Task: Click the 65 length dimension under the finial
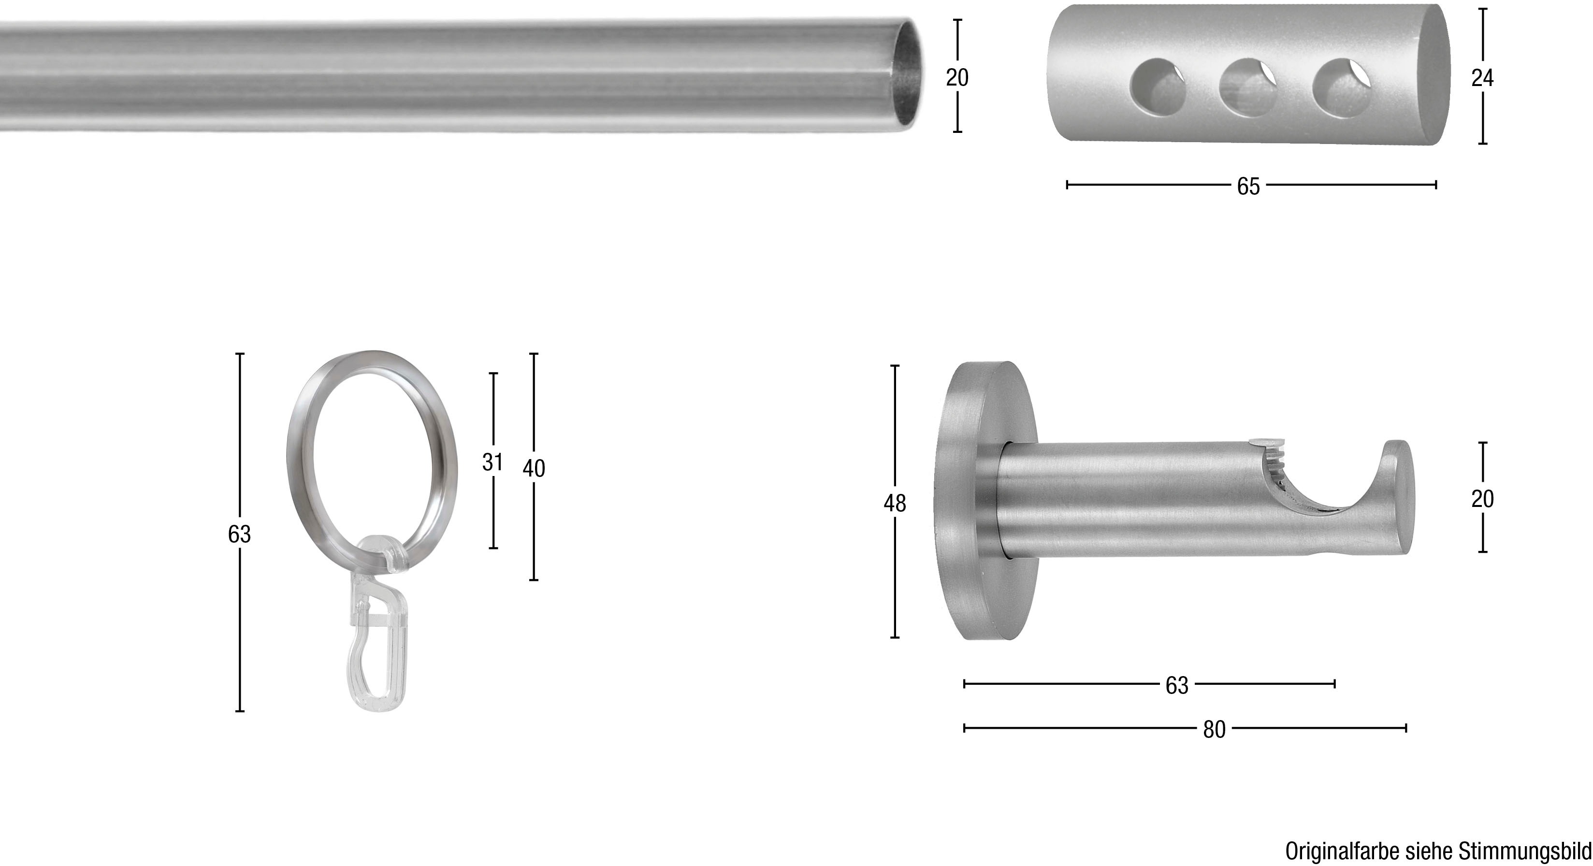1248,186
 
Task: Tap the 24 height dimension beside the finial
1482,78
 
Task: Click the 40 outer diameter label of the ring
534,469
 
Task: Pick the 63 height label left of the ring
239,534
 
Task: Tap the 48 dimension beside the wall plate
894,503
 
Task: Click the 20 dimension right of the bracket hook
1482,499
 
